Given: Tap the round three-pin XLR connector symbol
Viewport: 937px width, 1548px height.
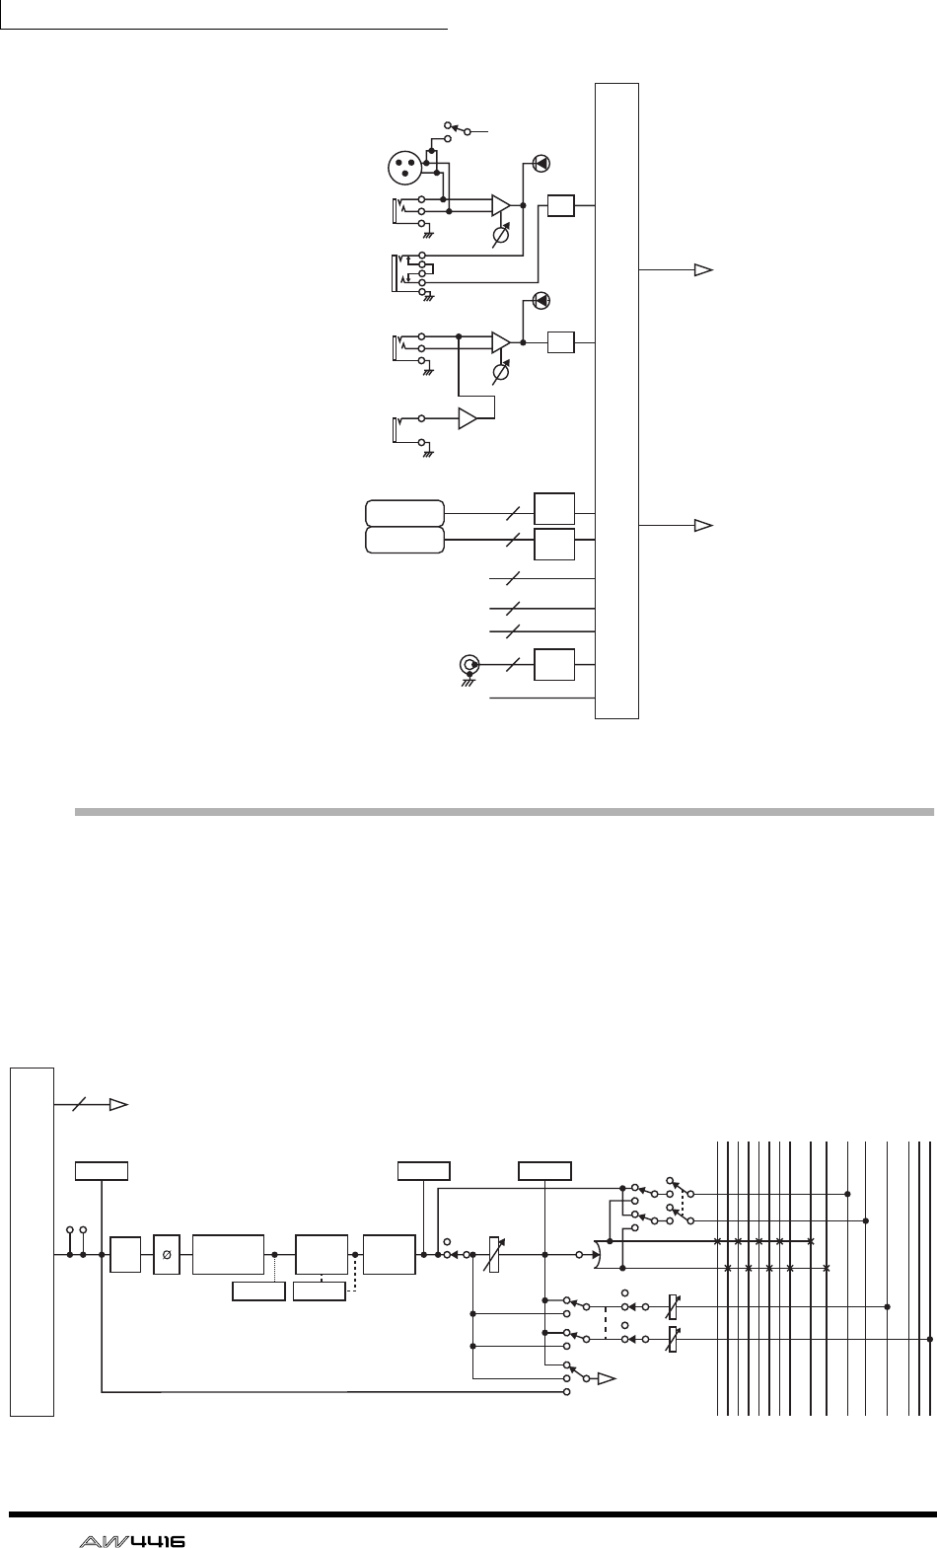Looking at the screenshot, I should pos(406,168).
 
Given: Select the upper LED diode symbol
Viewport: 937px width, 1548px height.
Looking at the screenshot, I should pos(541,164).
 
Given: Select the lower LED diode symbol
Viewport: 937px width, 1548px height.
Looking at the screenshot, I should pos(541,300).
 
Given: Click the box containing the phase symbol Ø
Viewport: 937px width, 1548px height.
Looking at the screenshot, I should pos(167,1254).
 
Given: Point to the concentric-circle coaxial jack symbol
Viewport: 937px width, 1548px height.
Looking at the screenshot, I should pos(469,664).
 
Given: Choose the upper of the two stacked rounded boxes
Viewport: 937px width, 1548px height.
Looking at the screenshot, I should pos(404,514).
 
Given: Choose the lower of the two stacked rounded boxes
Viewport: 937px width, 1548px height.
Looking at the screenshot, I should pos(404,541).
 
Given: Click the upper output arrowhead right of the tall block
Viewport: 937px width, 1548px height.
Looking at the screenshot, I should pos(702,268).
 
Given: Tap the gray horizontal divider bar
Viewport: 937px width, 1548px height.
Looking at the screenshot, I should pos(503,814).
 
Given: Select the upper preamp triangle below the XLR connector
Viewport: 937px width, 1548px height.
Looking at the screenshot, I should pos(502,205).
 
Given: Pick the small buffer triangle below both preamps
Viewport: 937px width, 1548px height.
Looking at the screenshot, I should pos(468,418).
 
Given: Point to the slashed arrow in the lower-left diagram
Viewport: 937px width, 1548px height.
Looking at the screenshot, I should pos(94,1105).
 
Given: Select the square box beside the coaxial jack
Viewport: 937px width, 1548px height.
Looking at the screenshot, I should pos(553,664).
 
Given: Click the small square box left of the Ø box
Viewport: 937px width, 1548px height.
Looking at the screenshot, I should pos(124,1254).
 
